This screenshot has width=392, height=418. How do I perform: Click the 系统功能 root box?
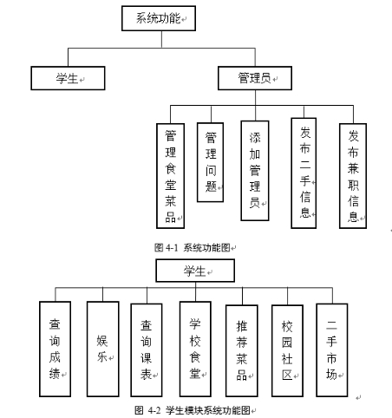pos(159,18)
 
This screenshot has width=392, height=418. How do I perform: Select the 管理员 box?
pos(255,78)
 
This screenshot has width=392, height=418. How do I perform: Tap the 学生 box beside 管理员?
pos(68,78)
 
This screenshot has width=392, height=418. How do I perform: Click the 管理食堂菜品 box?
pos(170,176)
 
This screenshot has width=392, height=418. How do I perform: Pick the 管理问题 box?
pos(210,162)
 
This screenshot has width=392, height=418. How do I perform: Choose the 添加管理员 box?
pos(255,171)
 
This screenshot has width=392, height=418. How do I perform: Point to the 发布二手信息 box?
pos(304,173)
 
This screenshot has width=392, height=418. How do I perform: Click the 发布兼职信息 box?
pos(353,176)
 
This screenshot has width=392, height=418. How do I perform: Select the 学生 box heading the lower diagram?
pos(195,271)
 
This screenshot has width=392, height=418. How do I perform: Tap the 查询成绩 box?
pos(55,349)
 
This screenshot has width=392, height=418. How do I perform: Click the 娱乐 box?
pos(103,349)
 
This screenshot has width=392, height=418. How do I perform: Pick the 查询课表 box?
pos(147,349)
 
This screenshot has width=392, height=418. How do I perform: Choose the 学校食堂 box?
pos(195,349)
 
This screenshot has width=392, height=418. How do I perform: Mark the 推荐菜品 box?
pos(242,350)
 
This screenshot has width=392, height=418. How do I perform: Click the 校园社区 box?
pos(287,350)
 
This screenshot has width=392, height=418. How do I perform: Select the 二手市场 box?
pos(332,349)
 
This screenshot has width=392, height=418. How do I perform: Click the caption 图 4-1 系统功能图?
pos(193,247)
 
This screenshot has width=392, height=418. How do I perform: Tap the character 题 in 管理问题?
pos(211,186)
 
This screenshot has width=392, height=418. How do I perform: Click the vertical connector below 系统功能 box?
pos(161,39)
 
